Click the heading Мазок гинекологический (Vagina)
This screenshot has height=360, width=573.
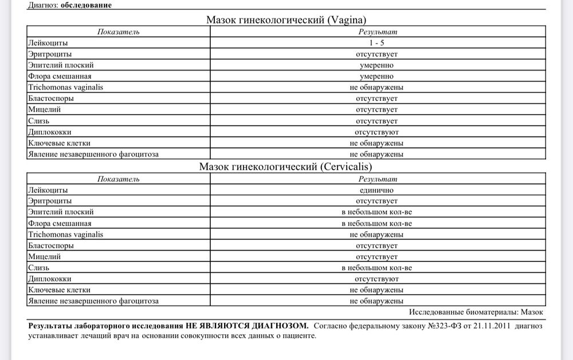(x=286, y=20)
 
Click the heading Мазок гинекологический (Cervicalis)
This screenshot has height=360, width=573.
(x=286, y=167)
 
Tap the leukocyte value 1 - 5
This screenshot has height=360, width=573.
(x=376, y=43)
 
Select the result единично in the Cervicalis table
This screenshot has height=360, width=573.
(x=376, y=190)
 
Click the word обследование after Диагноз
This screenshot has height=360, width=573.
(x=86, y=5)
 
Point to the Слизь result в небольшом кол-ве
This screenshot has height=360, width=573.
(x=376, y=268)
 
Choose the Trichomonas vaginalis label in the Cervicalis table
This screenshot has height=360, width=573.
(x=65, y=234)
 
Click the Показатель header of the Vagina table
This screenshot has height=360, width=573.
(x=118, y=32)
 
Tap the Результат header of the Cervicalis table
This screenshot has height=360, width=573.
(x=377, y=179)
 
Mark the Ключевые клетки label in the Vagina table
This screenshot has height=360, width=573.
(x=59, y=143)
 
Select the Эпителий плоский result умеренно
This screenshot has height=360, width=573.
(x=376, y=65)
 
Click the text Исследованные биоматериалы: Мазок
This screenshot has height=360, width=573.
(x=477, y=312)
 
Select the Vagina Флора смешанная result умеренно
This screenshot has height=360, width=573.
(x=376, y=76)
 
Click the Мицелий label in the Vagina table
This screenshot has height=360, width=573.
(x=44, y=109)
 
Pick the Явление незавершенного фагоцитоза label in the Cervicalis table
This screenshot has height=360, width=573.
(x=93, y=300)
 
